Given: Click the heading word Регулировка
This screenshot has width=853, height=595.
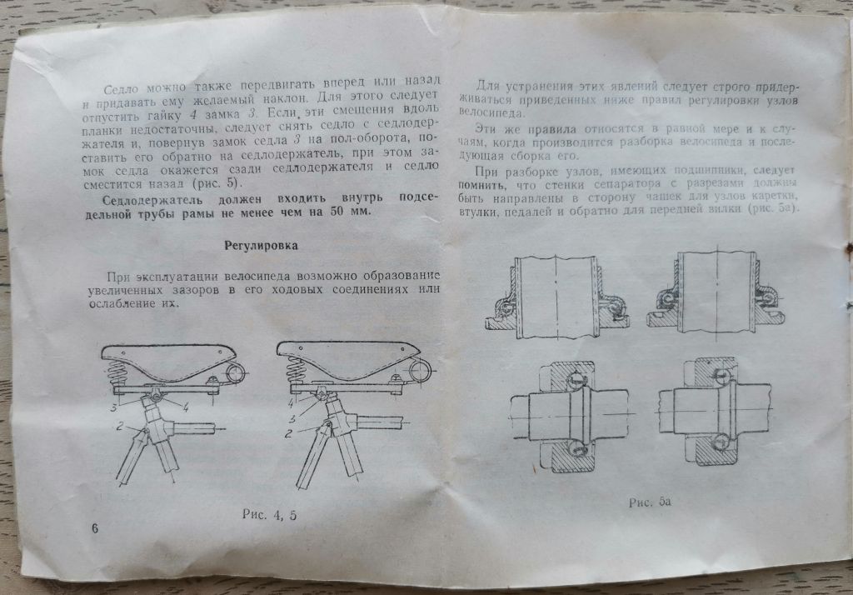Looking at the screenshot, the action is coord(261,246).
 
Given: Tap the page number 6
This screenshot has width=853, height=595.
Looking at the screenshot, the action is coord(95,528).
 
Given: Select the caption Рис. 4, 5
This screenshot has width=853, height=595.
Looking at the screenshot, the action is coord(270,514).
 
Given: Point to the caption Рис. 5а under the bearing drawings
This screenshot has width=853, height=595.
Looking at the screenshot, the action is coord(650,502).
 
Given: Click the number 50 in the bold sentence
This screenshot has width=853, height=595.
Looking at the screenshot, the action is coord(338,211).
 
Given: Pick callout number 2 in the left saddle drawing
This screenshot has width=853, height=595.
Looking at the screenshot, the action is coord(120,426).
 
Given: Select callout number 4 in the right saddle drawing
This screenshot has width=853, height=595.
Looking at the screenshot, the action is coord(291,403).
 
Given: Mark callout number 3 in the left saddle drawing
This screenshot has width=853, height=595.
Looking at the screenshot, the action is coord(113,407).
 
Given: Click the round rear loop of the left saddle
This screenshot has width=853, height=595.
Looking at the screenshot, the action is coord(234,373).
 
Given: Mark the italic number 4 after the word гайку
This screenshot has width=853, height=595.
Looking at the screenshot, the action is coord(193,115).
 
